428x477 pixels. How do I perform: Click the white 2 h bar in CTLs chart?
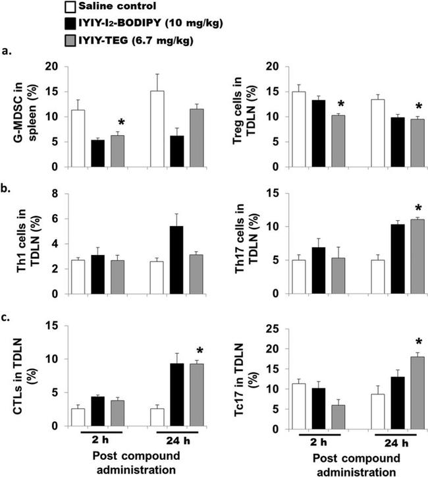pyautogui.click(x=79, y=417)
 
